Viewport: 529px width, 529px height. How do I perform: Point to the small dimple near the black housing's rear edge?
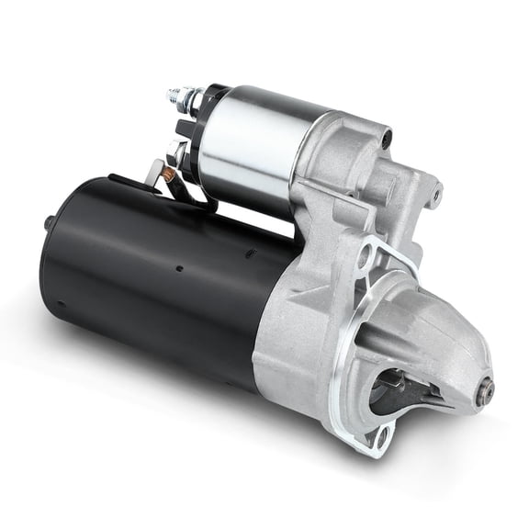(61, 304)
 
